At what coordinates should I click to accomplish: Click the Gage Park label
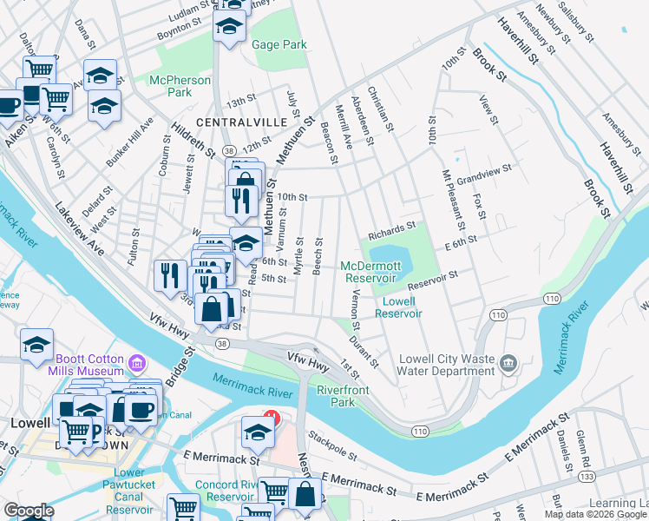tap(279, 44)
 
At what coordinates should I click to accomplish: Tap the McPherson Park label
tap(180, 86)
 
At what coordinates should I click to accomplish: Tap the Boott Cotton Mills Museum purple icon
tap(135, 362)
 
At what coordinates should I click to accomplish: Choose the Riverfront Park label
tap(343, 396)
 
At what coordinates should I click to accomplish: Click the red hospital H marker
tap(272, 419)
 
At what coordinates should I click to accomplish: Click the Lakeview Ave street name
tap(80, 229)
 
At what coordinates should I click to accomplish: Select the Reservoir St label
tap(431, 280)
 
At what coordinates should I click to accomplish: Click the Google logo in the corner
tap(29, 511)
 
